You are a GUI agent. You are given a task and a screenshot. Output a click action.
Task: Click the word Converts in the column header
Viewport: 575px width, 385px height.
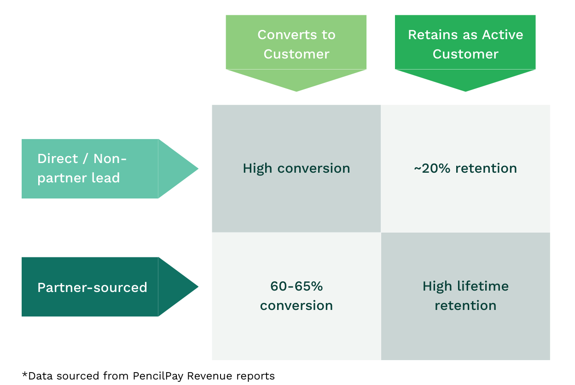pyautogui.click(x=281, y=35)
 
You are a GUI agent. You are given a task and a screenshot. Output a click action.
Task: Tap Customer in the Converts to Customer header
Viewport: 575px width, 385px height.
pyautogui.click(x=296, y=54)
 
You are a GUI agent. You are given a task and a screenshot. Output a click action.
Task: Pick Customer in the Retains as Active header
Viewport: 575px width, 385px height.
pyautogui.click(x=465, y=54)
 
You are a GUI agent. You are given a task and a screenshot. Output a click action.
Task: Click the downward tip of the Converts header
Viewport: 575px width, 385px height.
pyautogui.click(x=296, y=90)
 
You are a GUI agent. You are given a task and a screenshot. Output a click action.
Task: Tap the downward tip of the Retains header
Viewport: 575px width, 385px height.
pyautogui.click(x=465, y=90)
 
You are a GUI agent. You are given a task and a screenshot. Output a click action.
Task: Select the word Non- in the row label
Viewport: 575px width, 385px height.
pyautogui.click(x=110, y=158)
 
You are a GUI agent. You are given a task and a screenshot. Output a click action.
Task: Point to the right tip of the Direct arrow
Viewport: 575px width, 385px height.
pyautogui.click(x=197, y=169)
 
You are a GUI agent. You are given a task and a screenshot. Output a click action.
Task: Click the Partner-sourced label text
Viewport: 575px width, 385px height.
pyautogui.click(x=92, y=287)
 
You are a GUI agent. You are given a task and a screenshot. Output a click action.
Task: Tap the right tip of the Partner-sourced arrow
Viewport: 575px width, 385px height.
pyautogui.click(x=197, y=287)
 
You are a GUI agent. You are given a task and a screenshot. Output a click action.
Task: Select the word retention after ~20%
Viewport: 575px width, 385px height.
pyautogui.click(x=486, y=169)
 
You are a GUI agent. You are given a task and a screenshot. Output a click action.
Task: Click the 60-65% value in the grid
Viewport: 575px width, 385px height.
pyautogui.click(x=296, y=286)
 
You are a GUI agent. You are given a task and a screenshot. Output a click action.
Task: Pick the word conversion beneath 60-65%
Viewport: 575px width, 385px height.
pyautogui.click(x=296, y=305)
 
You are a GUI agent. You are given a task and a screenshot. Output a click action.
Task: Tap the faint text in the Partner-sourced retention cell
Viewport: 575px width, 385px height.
pyautogui.click(x=465, y=296)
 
